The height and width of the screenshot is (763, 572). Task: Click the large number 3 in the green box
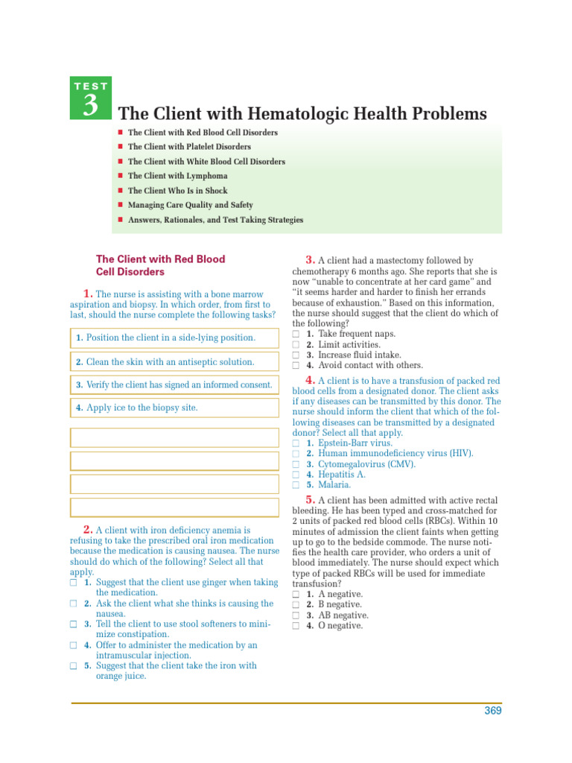point(90,105)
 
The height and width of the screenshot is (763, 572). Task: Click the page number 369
point(492,711)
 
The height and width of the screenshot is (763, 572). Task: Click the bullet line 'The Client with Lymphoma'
point(178,176)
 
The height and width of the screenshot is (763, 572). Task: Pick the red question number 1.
point(88,293)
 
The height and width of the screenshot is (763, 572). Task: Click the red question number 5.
point(311,498)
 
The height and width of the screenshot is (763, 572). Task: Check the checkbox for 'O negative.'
point(296,627)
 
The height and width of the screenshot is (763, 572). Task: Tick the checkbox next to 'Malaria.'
point(296,485)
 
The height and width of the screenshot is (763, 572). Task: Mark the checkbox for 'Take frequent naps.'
point(296,335)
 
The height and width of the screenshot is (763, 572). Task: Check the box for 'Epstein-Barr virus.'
point(296,443)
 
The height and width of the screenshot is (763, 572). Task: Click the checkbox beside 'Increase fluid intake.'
point(296,355)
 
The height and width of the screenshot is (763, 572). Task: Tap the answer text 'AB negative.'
point(343,615)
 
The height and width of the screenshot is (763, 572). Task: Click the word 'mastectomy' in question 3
point(401,261)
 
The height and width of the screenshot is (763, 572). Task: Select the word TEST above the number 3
point(90,86)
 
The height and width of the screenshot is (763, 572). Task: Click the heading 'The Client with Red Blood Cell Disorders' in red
point(160,266)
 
